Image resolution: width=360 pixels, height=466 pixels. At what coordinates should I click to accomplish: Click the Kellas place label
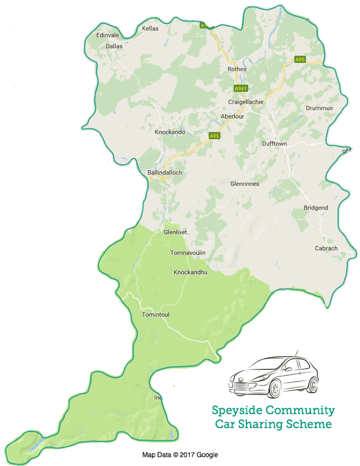tap(150, 28)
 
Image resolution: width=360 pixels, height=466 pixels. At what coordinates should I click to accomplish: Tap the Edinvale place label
tap(108, 35)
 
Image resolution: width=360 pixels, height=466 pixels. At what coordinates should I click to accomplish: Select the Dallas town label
tap(114, 45)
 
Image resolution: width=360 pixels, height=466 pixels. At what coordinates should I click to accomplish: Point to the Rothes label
tap(237, 69)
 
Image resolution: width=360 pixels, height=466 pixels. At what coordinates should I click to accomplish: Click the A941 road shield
tap(241, 89)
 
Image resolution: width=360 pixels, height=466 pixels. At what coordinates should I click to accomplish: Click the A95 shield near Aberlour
tap(214, 136)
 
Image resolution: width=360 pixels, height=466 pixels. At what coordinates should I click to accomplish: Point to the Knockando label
tap(170, 132)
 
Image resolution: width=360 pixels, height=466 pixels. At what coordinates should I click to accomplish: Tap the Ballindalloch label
tap(165, 173)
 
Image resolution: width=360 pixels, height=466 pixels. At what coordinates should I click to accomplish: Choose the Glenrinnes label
tap(245, 183)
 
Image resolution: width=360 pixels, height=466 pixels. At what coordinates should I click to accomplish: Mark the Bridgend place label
tap(316, 208)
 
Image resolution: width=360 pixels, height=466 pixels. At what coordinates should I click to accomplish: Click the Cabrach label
tap(326, 248)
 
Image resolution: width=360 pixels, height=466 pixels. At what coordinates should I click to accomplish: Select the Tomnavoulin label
tap(188, 253)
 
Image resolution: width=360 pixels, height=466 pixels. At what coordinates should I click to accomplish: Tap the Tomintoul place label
tap(156, 315)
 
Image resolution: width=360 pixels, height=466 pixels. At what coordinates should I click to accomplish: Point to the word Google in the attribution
tap(208, 454)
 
